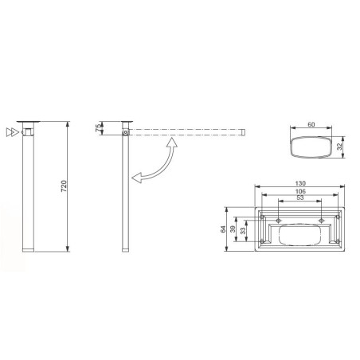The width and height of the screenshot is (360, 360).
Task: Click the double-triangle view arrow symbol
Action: tap(10, 131)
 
